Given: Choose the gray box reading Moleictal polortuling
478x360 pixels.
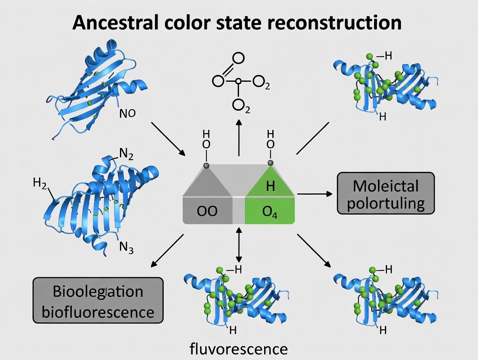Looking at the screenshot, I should point(385,193).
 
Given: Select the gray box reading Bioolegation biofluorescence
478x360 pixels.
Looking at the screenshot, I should point(98,300).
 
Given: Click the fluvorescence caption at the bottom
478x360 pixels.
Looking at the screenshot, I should point(239,348).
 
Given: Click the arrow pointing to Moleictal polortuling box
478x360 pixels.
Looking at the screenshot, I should point(315,194).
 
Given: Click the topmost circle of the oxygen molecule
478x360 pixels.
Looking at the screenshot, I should point(238,58).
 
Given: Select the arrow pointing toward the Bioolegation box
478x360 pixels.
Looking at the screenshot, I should point(167,251).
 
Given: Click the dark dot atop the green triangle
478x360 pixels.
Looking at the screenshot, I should point(271,163).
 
